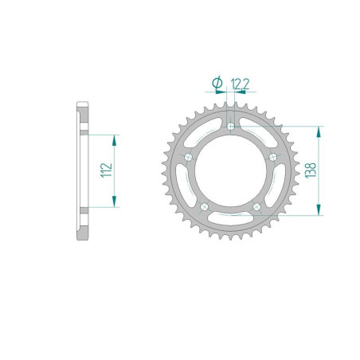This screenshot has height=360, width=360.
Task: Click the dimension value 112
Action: pyautogui.click(x=105, y=170)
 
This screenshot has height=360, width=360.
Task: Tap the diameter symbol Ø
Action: pyautogui.click(x=216, y=83)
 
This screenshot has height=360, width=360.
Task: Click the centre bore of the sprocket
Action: pyautogui.click(x=231, y=171)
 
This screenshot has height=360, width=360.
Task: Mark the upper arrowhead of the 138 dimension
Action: pyautogui.click(x=319, y=131)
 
